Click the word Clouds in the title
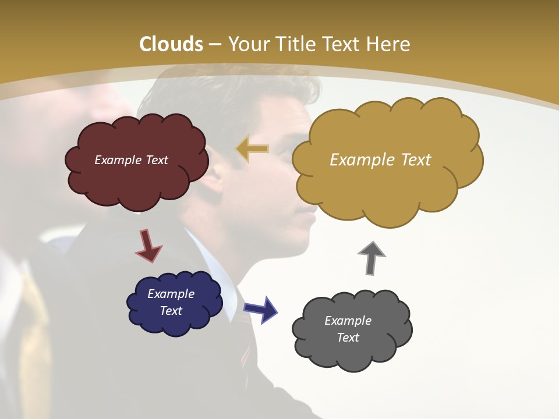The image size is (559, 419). (x=171, y=44)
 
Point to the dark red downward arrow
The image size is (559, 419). (x=148, y=245)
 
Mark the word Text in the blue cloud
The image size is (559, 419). (x=171, y=311)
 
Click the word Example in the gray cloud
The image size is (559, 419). (x=348, y=321)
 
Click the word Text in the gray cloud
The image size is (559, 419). (x=348, y=338)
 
